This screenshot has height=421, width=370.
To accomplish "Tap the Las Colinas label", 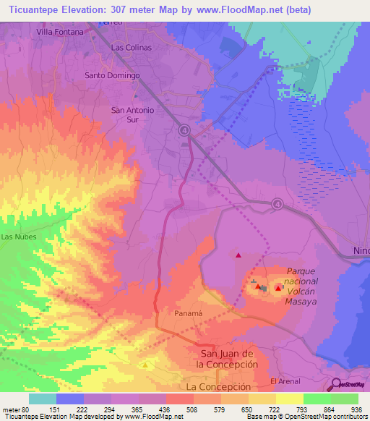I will (131, 47).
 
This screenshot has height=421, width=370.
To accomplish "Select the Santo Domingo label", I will (112, 75).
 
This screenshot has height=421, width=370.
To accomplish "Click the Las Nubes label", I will (16, 237).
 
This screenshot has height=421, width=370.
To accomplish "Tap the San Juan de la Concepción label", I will (228, 359).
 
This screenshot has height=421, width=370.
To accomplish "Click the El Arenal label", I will (284, 380).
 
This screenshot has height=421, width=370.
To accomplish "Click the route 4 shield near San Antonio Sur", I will (184, 130).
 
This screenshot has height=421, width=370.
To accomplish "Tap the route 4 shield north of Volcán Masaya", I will (277, 205).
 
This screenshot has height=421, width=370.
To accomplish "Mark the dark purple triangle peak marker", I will (238, 255).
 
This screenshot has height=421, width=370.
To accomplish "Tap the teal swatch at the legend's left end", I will (42, 399).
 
